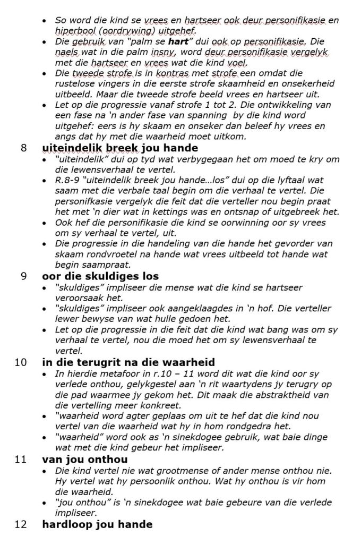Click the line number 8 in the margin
23,147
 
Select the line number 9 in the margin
23,276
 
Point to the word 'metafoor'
108,374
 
